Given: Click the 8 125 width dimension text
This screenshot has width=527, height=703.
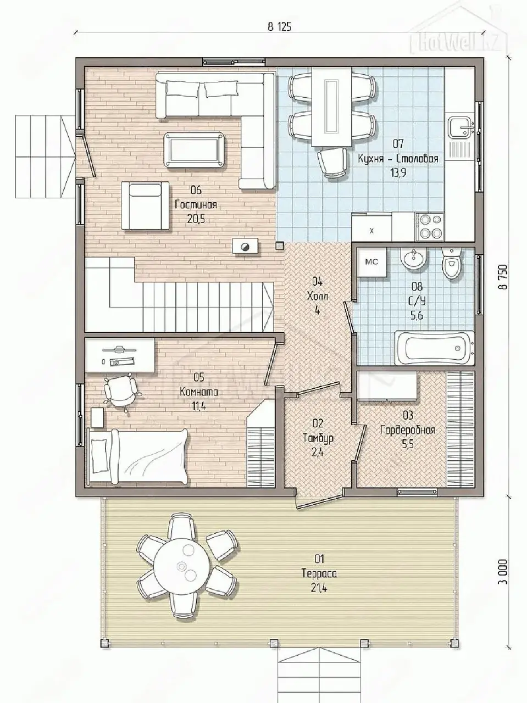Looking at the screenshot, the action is [x=280, y=27].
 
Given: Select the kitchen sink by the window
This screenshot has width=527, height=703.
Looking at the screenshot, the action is [x=461, y=127].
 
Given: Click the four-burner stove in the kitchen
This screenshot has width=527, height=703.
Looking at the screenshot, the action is [x=430, y=227].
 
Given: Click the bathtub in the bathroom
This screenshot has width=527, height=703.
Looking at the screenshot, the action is [x=434, y=348].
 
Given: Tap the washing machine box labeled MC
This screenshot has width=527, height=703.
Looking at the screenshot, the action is [x=371, y=262].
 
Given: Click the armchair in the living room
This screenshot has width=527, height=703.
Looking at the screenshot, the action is [x=145, y=205].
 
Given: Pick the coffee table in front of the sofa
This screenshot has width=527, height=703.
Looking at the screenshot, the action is [x=194, y=150].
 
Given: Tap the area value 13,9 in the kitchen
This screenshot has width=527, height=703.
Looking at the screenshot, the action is [x=398, y=173].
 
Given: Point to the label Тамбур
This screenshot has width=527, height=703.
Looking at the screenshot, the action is [x=318, y=438].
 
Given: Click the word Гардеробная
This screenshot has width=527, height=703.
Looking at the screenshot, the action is [x=408, y=430].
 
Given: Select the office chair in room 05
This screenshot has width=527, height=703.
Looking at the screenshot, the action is [x=120, y=392].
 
